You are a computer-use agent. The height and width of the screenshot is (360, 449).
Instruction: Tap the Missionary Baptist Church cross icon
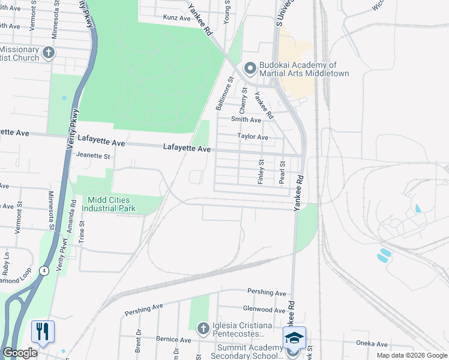click(49, 53)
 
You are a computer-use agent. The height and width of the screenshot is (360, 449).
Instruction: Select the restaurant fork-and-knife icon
click(43, 331)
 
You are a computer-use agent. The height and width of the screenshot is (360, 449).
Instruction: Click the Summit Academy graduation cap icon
click(294, 338)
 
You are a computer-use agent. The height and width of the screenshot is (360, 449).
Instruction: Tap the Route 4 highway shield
click(44, 271)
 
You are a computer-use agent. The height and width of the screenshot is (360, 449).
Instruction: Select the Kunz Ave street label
click(176, 18)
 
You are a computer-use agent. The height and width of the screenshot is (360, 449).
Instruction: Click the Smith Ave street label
click(246, 119)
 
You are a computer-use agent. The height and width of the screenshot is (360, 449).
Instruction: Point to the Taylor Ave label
click(253, 137)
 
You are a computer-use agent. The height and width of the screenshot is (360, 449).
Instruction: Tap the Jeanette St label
click(94, 156)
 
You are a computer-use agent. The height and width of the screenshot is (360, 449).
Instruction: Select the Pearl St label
click(282, 171)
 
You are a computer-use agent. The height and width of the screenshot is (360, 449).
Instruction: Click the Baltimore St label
click(224, 94)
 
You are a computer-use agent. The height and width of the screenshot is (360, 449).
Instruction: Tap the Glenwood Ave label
click(264, 310)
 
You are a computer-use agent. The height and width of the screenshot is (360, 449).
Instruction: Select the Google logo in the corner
click(20, 353)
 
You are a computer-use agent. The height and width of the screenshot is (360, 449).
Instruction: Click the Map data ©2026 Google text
click(411, 355)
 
